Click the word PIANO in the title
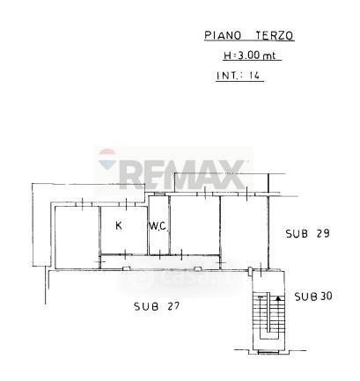point(223,35)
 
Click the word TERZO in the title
point(275,35)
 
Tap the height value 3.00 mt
point(257,55)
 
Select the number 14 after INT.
point(254,76)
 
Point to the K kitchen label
point(119,225)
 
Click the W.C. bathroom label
point(158,226)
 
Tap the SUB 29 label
point(308,233)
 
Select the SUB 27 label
point(157,306)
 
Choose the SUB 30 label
point(313,297)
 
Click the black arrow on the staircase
point(278,298)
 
